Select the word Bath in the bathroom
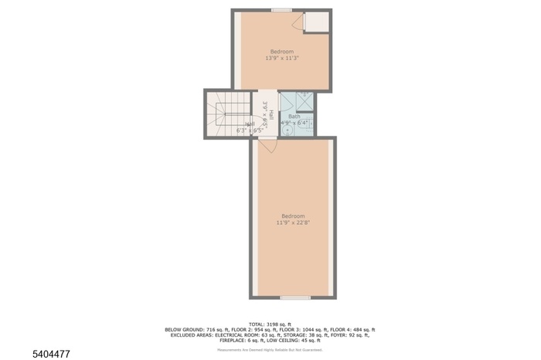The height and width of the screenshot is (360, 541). [x=294, y=117]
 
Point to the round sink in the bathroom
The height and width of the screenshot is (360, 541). [x=288, y=130]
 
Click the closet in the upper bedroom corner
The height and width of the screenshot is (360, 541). [x=316, y=22]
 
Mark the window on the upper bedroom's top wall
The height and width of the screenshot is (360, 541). [x=281, y=10]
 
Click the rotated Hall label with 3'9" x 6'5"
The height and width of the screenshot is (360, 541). [x=266, y=114]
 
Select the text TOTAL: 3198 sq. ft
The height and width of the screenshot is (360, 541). [x=270, y=324]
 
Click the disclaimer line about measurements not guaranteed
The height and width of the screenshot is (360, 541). [x=270, y=350]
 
